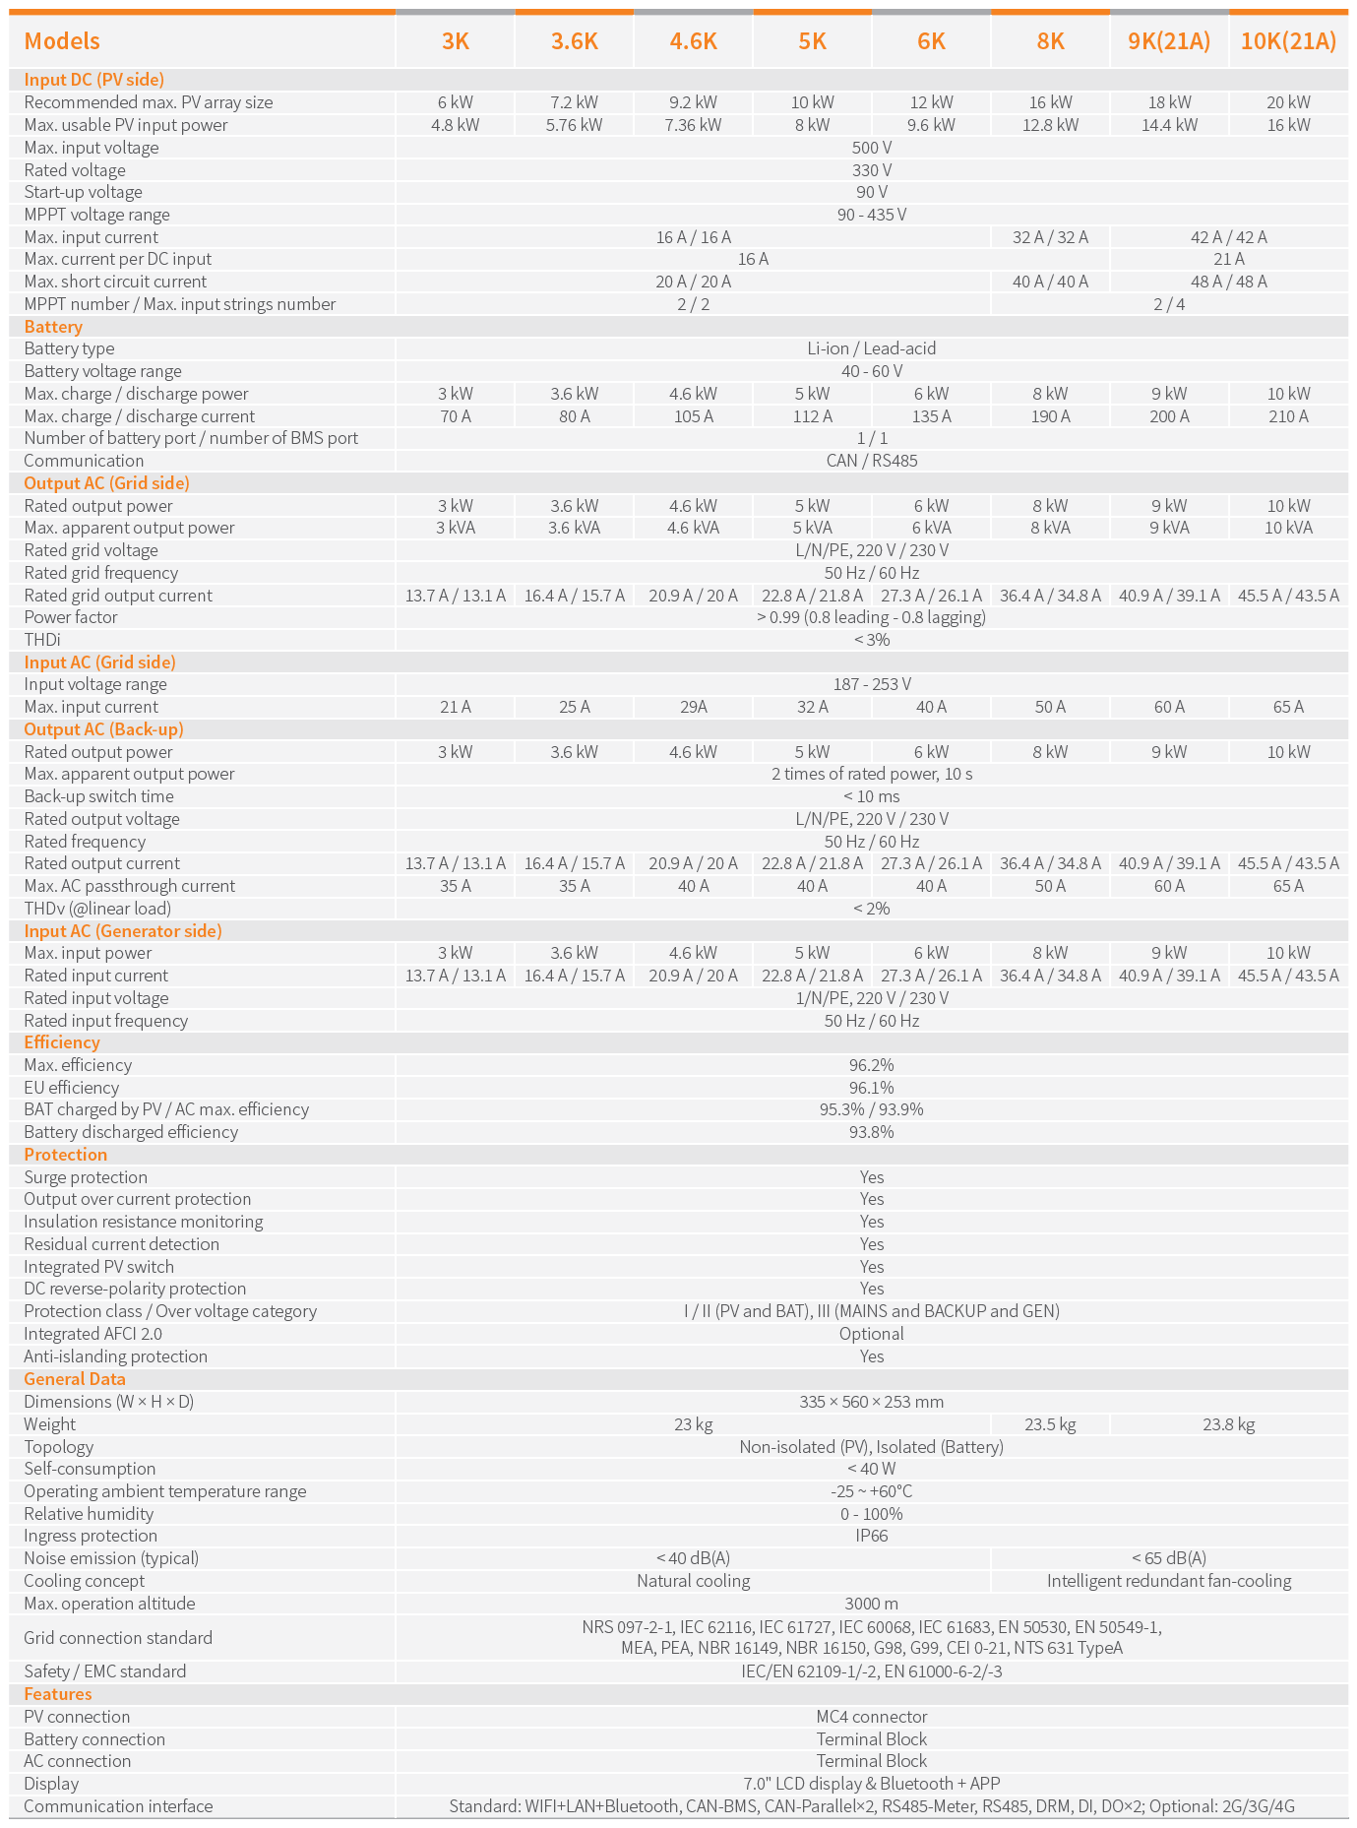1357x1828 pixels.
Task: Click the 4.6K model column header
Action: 693,40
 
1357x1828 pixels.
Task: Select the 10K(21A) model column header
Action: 1288,40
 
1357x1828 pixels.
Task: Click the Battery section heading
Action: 53,327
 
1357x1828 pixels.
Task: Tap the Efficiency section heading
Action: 62,1042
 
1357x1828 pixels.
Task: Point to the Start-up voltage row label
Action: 83,192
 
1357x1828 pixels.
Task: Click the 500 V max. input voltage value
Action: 872,148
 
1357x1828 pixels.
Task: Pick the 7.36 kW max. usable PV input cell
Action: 693,125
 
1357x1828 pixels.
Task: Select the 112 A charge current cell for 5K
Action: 812,416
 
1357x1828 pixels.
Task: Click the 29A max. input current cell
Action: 693,707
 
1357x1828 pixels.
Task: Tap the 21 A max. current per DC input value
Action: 1229,259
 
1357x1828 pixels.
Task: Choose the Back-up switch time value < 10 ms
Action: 872,796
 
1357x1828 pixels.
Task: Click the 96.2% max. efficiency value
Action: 872,1065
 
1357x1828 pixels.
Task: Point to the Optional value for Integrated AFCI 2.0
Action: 872,1334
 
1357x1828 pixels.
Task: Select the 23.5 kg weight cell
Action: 1050,1424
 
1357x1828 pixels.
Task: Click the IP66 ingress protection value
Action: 872,1536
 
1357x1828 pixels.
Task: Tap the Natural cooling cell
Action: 693,1581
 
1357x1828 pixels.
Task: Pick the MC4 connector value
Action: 872,1717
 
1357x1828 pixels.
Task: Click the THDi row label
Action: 42,640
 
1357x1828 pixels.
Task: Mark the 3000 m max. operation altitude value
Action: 872,1604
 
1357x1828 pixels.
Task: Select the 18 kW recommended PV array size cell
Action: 1169,102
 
